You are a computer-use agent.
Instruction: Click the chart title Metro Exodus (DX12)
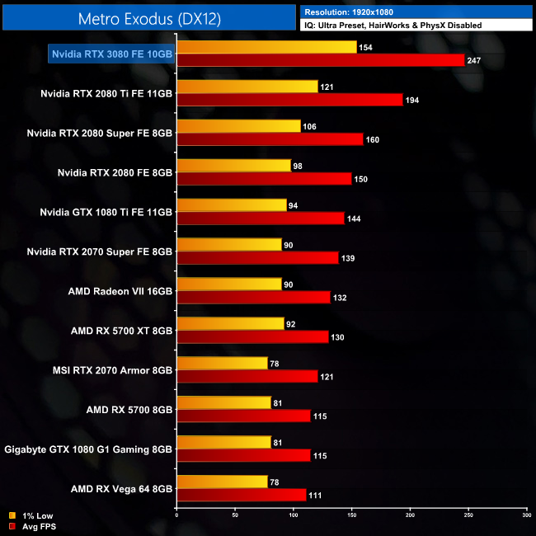[x=148, y=18]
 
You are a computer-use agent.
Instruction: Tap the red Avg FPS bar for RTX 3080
[x=321, y=60]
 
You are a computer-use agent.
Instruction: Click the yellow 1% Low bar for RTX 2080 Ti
[x=247, y=87]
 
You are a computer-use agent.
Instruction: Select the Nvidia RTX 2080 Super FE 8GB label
[x=99, y=132]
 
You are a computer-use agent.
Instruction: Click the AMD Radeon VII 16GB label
[x=120, y=290]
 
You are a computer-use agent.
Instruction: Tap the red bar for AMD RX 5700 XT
[x=252, y=337]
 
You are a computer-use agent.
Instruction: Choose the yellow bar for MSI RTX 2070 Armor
[x=223, y=364]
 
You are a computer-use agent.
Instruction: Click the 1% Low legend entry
[x=33, y=516]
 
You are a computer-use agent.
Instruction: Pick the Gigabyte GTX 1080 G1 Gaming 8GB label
[x=88, y=449]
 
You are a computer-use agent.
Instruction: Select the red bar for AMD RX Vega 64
[x=242, y=496]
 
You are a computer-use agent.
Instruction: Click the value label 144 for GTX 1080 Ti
[x=355, y=219]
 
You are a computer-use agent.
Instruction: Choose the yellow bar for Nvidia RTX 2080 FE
[x=234, y=166]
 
